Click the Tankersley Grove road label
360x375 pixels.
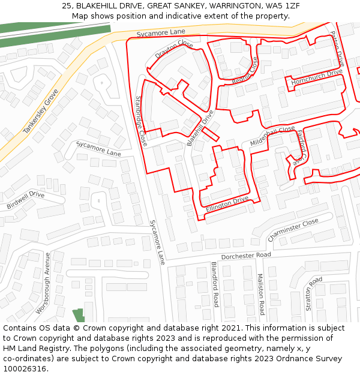point(41,112)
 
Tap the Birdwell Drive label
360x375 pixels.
point(26,200)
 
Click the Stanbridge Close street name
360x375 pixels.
point(141,121)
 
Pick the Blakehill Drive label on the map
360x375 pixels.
point(200,128)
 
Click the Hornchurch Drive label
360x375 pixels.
point(317,76)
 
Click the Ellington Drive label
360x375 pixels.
point(227,203)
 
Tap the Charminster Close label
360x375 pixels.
point(293,230)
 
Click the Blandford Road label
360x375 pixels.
point(214,284)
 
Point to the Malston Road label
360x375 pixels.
point(260,294)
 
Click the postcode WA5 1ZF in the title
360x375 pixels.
point(283,5)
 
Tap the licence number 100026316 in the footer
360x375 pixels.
point(24,368)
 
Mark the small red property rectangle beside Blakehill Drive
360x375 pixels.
point(210,134)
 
